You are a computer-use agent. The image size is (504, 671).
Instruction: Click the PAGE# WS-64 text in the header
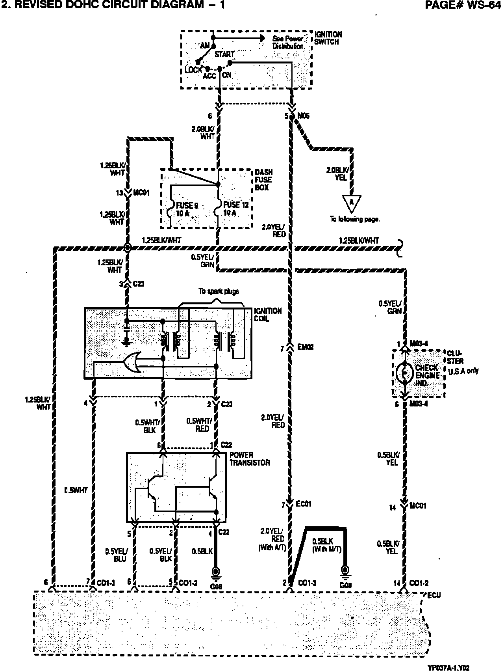click(464, 5)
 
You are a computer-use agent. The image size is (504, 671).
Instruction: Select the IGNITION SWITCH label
click(328, 38)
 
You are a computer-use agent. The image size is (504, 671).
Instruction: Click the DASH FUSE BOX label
click(263, 180)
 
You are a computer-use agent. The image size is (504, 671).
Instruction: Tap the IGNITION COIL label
click(268, 315)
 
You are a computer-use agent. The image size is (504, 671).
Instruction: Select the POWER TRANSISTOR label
click(250, 459)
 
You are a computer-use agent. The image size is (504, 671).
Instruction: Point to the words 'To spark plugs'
click(219, 291)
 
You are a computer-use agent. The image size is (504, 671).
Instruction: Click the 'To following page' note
click(354, 220)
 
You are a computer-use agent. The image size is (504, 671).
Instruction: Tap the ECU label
click(434, 595)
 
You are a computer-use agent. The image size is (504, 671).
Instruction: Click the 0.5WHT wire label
click(76, 490)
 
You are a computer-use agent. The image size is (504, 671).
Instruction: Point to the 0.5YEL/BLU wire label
click(115, 554)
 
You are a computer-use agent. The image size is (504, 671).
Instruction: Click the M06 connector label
click(303, 116)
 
